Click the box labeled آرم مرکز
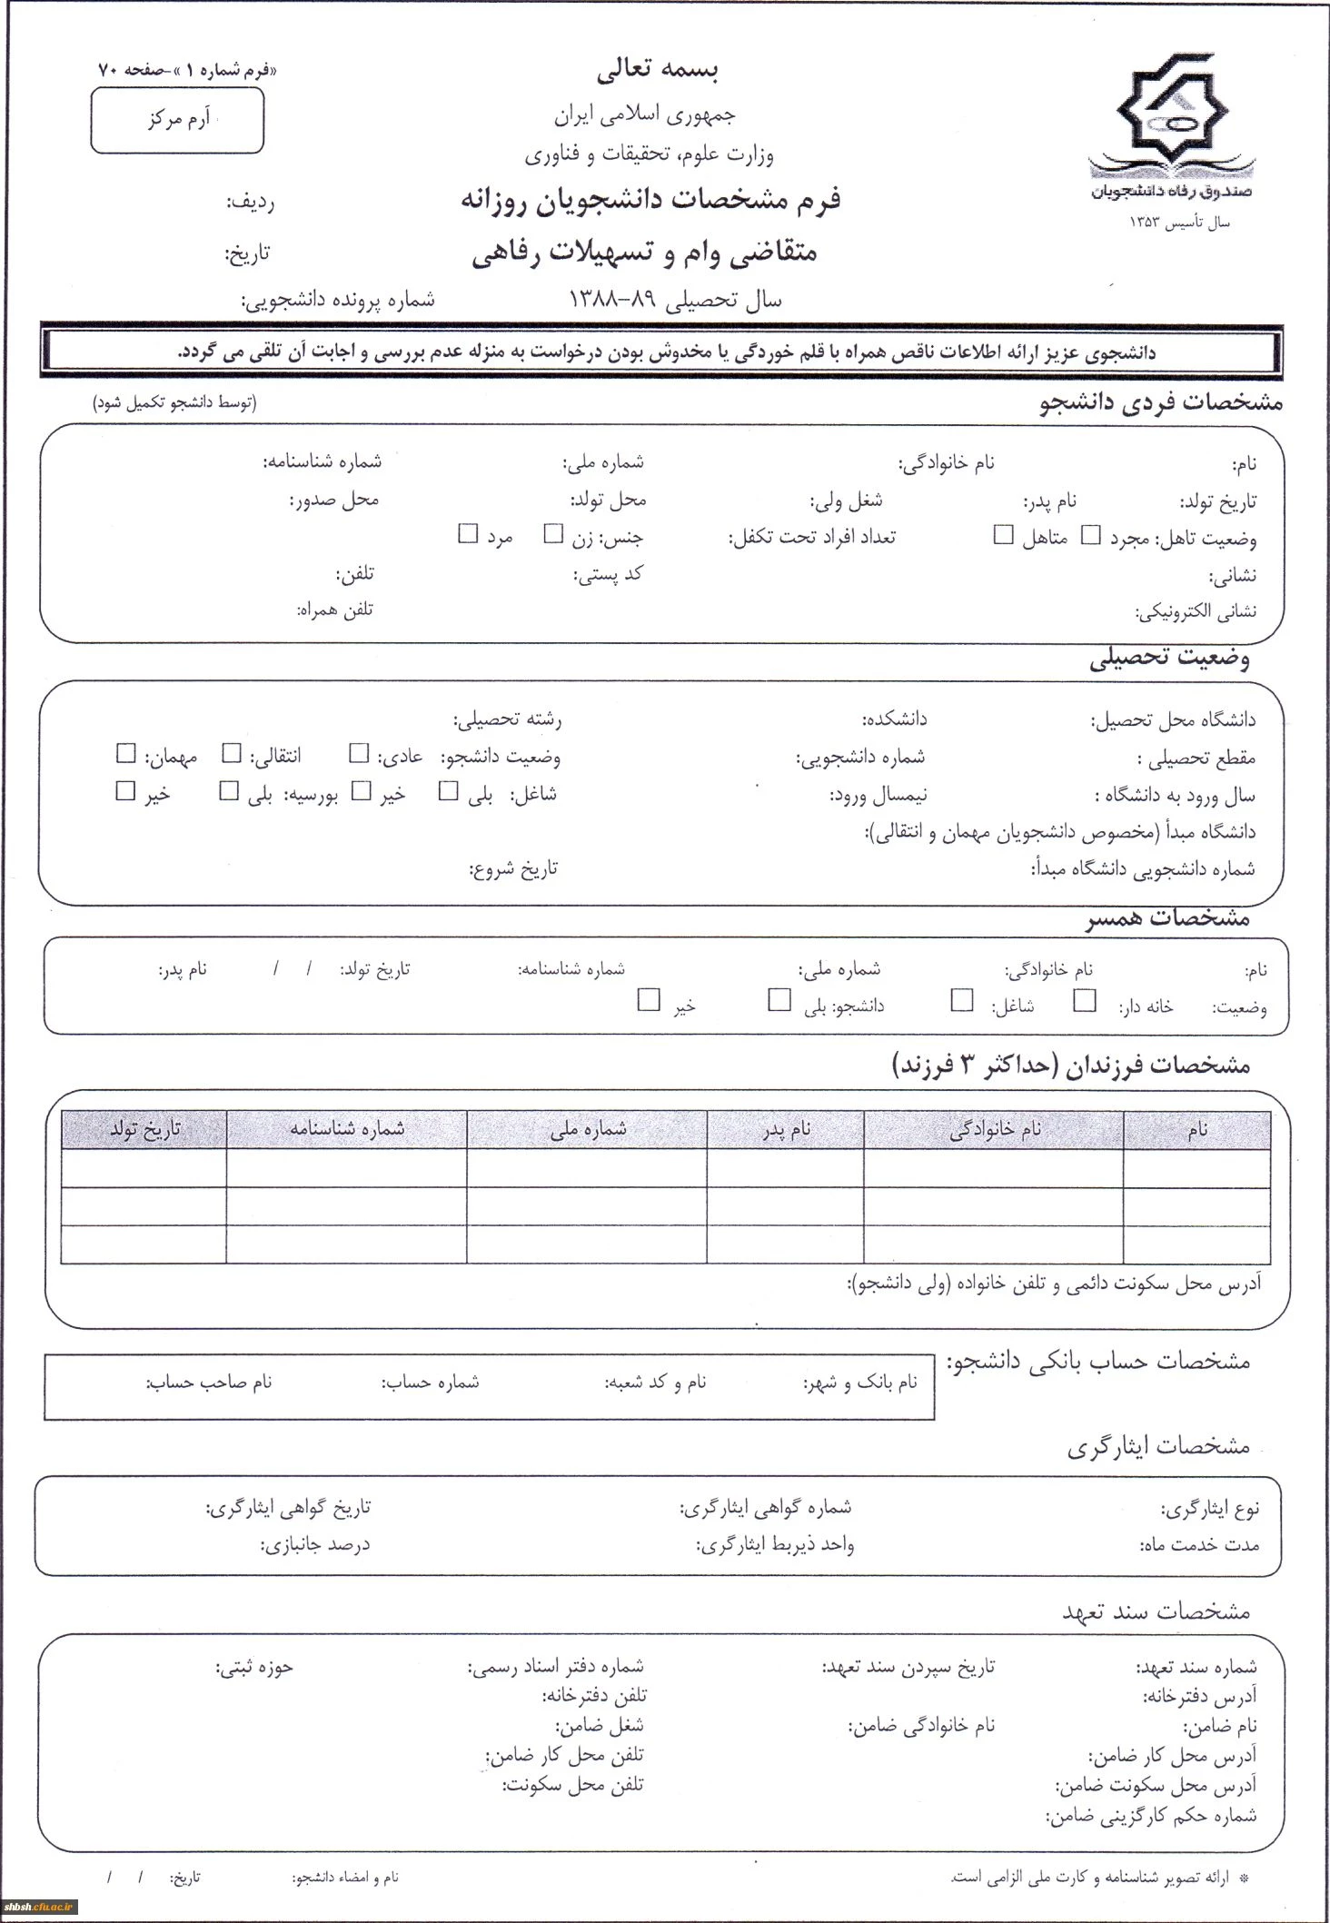point(177,120)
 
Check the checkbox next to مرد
point(468,534)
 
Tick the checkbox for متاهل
point(1003,535)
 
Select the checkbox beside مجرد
point(1091,535)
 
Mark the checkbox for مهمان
point(126,754)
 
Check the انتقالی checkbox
point(233,754)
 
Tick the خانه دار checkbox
point(1085,1001)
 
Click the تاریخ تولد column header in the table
point(144,1129)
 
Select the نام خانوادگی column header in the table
point(994,1129)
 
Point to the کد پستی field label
point(609,574)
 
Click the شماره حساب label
point(431,1383)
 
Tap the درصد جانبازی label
point(315,1544)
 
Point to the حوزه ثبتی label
point(254,1667)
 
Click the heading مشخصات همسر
point(1168,918)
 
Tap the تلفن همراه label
point(335,610)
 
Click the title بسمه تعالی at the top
point(658,70)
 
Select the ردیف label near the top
point(250,202)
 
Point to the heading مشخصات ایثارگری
point(1158,1446)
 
